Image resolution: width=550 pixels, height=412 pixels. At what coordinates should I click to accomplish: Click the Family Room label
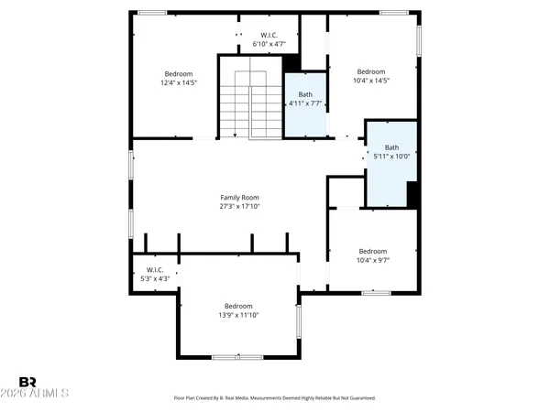point(239,198)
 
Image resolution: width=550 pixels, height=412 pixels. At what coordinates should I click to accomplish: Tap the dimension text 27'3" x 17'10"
point(239,207)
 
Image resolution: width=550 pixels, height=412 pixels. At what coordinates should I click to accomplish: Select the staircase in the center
point(249,102)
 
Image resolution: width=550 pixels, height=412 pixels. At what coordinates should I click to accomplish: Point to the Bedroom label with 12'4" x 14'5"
point(179,73)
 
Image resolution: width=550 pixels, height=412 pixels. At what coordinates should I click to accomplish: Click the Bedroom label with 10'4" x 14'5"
point(371,71)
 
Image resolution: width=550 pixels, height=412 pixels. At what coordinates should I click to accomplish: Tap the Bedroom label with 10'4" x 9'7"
point(372,251)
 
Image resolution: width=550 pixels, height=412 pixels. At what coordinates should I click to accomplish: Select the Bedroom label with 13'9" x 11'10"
point(238,306)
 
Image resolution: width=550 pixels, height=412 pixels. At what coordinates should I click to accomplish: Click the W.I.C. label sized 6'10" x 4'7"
point(269,36)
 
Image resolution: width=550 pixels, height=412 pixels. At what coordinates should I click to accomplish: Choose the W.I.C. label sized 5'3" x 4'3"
point(154,269)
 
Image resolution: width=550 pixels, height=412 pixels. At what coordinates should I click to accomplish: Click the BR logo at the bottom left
point(28,381)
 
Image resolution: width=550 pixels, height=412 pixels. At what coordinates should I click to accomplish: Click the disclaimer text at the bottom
point(274,398)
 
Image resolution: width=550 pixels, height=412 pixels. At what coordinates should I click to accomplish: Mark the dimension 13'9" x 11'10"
point(238,315)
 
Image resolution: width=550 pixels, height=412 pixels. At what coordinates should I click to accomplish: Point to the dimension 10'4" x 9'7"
point(372,260)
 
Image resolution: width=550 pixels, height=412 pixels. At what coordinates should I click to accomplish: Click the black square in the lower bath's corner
point(412,194)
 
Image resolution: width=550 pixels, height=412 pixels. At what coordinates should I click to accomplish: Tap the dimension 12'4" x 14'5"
point(179,82)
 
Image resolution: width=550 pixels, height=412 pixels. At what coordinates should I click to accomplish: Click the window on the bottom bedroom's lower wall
point(236,356)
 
